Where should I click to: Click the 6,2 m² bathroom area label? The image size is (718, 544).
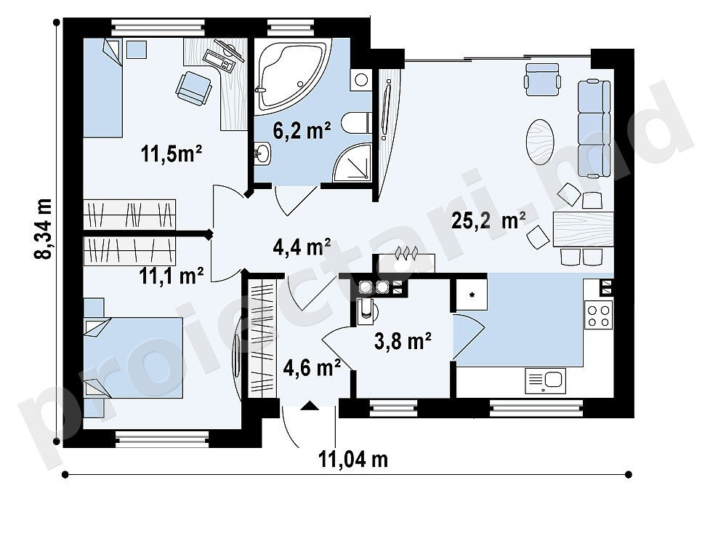[302, 131]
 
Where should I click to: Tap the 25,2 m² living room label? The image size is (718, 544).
[488, 220]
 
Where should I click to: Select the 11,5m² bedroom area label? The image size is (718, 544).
[172, 153]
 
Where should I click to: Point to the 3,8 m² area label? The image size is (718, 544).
[403, 340]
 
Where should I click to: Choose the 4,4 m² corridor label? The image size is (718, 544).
[302, 247]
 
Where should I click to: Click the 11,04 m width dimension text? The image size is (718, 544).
[353, 459]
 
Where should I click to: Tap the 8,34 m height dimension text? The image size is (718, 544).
[44, 228]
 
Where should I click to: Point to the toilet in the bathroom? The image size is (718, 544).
[357, 122]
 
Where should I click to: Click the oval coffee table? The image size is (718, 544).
[540, 142]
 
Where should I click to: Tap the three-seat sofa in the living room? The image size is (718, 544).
[594, 128]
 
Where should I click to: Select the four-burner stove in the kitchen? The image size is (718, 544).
[599, 315]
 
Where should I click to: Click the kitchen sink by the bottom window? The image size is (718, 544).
[545, 381]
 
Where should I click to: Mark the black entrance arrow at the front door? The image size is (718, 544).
[310, 405]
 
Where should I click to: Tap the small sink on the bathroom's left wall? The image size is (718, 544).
[262, 153]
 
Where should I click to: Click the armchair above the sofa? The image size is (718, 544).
[543, 79]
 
